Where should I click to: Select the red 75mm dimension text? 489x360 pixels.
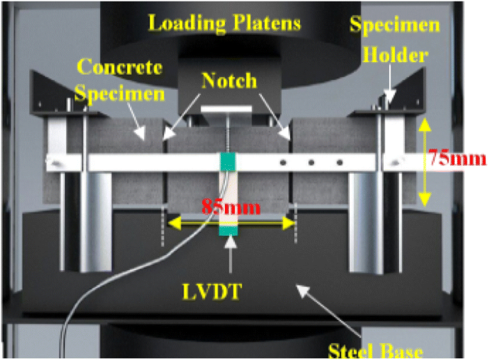pos(458,159)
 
